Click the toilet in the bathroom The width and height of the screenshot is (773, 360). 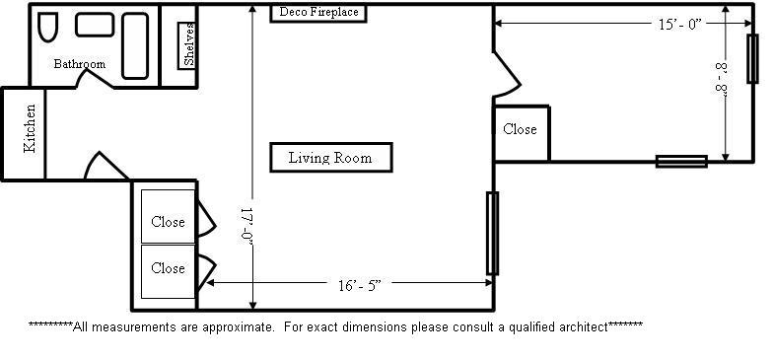[x=47, y=28]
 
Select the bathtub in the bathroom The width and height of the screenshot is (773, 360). [x=134, y=45]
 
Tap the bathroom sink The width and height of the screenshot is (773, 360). [x=95, y=25]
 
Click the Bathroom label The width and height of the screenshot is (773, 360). [x=79, y=64]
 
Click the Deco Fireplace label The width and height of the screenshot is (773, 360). [x=318, y=12]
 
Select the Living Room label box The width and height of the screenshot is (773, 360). [x=331, y=158]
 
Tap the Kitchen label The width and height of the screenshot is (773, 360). [x=30, y=128]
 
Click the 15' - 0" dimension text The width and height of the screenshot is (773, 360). [x=680, y=24]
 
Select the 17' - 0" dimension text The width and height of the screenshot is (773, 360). [x=246, y=225]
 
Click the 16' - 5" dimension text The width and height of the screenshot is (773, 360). [x=360, y=286]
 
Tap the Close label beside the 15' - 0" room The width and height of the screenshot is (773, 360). [x=520, y=129]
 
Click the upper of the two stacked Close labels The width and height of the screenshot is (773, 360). [x=168, y=222]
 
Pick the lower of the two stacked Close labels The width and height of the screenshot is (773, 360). [x=168, y=268]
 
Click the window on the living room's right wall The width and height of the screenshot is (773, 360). [x=492, y=233]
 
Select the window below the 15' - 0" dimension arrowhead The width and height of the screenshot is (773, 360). [x=751, y=58]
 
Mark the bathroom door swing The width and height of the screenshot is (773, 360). [x=97, y=78]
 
